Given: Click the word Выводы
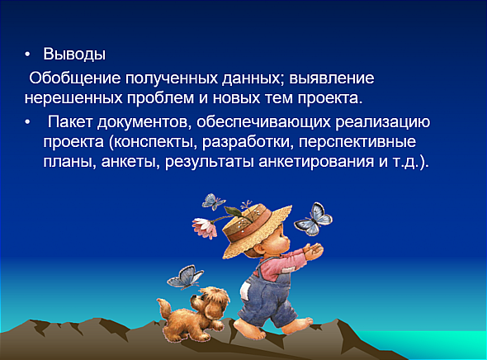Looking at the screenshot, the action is click(x=74, y=54).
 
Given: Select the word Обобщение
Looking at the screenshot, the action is click(x=75, y=78).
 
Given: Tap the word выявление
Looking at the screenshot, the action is click(x=332, y=78).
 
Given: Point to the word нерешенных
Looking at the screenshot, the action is click(x=73, y=98).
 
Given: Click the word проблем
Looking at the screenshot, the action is click(x=161, y=99).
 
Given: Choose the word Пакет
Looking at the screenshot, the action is click(x=70, y=121).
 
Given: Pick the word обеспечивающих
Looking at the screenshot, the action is click(x=263, y=122).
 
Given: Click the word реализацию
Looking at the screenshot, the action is click(x=383, y=122).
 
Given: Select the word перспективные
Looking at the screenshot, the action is click(x=357, y=142).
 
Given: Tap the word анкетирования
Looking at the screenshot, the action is click(x=316, y=162).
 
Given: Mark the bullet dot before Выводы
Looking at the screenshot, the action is click(x=27, y=54).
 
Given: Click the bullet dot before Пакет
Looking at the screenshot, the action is click(x=27, y=122).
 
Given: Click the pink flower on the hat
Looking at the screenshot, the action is click(x=205, y=228).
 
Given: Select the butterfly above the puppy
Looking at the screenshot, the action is click(x=185, y=277).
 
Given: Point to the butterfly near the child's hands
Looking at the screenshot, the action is click(x=313, y=219).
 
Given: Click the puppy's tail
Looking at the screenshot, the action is click(x=164, y=307).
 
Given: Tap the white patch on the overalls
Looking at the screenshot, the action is click(x=245, y=290).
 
